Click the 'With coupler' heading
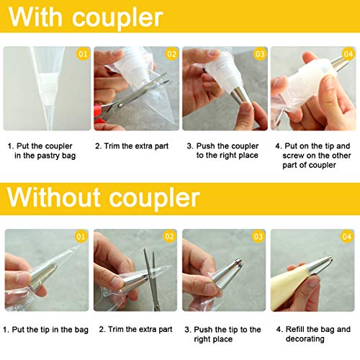pos(86,17)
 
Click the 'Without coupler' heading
pos(104,197)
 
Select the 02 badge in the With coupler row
pos(171,54)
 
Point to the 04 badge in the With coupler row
pos(348,54)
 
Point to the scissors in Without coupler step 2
pos(149,277)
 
